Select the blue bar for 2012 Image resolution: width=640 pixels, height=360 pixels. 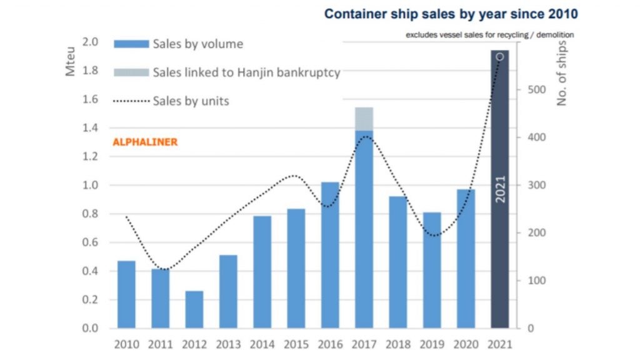194,309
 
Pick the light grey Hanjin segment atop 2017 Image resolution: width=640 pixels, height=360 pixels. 364,119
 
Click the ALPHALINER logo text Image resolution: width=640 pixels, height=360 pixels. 145,142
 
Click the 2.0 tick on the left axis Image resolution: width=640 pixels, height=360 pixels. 91,42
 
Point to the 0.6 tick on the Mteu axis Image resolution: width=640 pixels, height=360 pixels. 91,242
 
